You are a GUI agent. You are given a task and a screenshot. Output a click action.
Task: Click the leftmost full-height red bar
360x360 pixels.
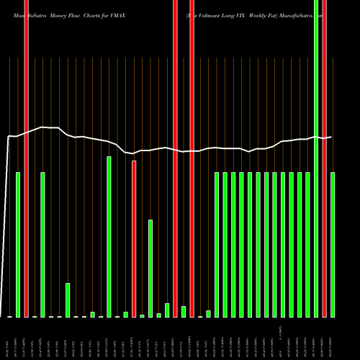(x=26, y=158)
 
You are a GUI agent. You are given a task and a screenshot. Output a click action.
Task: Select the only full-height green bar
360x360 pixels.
(x=316, y=158)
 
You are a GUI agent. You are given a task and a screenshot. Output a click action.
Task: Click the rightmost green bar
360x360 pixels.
(x=333, y=245)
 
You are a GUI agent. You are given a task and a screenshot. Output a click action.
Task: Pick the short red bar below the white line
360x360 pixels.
(x=134, y=238)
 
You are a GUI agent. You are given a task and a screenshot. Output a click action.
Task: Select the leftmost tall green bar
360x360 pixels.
(x=18, y=245)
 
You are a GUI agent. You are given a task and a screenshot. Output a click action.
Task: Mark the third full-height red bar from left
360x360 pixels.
(x=176, y=158)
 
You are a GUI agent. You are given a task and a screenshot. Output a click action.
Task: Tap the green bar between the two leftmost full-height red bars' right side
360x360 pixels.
(x=42, y=245)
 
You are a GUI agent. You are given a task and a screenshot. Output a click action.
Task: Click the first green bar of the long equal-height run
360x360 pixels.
(x=217, y=245)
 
